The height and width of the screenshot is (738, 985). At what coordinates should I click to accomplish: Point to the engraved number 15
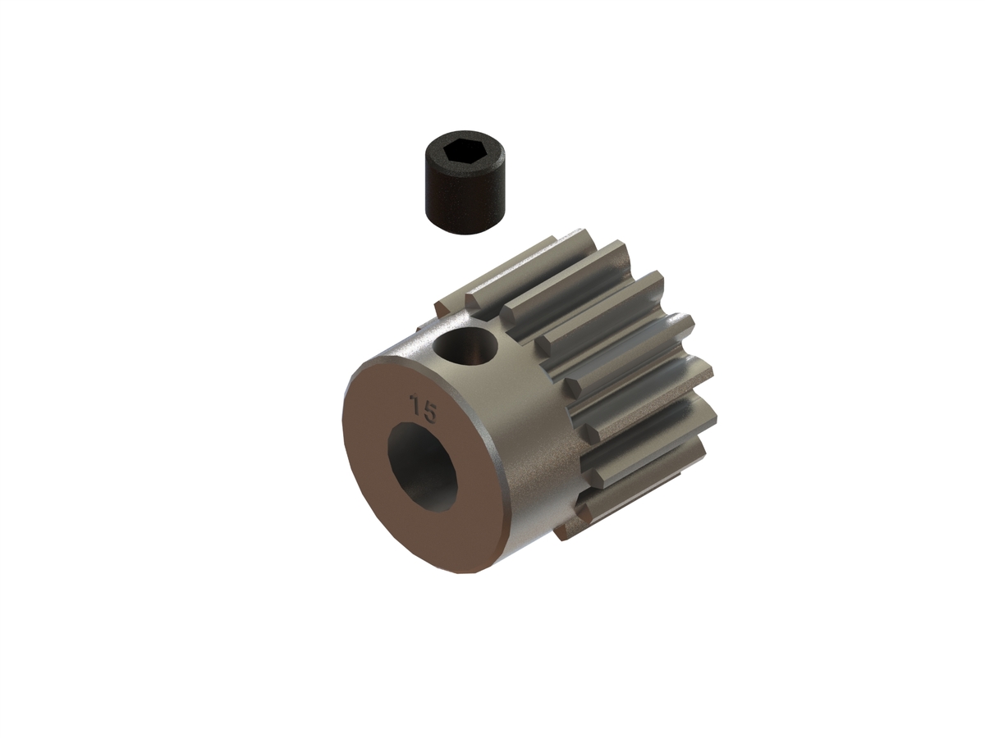coord(424,408)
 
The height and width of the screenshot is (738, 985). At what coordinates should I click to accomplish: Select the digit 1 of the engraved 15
coord(417,405)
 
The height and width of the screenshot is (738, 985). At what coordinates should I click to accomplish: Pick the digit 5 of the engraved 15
coord(429,410)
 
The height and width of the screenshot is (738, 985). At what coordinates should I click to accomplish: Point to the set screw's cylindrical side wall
coord(461,201)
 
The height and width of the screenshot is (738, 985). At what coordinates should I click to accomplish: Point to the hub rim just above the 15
coord(410,361)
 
